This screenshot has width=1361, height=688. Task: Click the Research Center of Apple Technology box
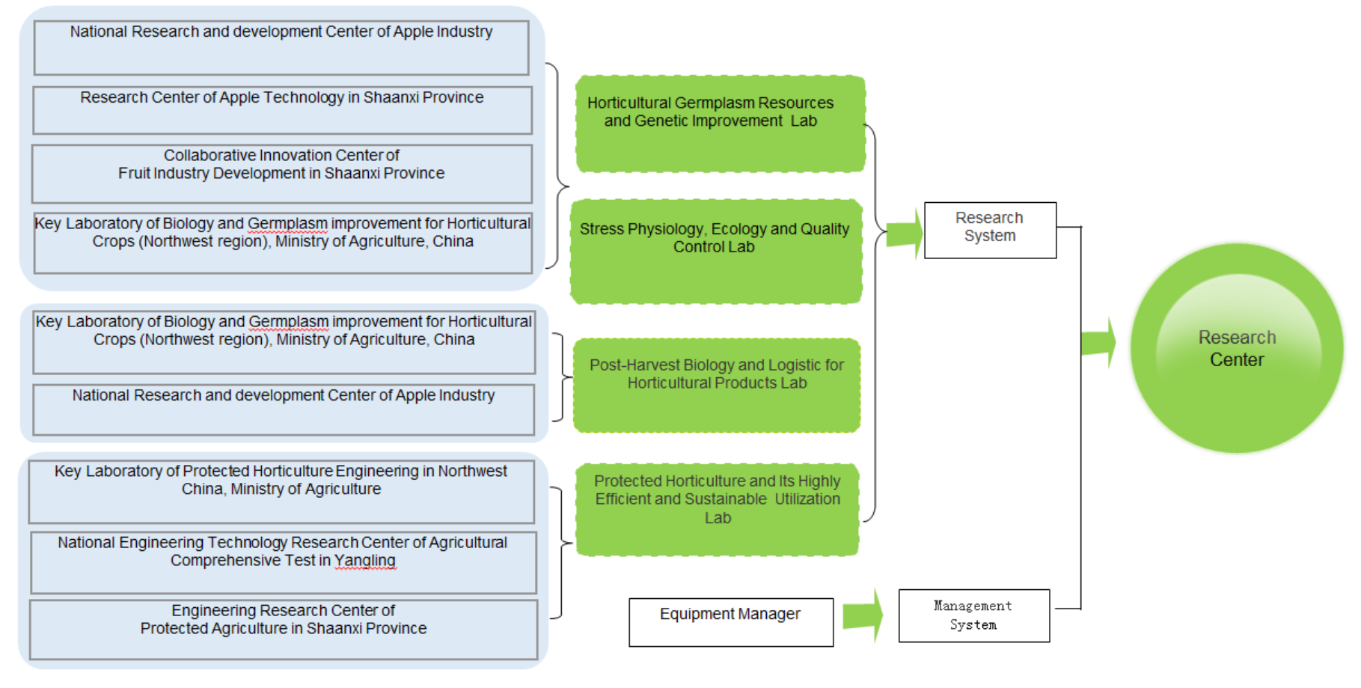(x=282, y=110)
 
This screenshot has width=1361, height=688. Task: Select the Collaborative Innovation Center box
(x=282, y=173)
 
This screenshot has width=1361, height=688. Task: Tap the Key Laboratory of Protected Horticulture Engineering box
(x=281, y=491)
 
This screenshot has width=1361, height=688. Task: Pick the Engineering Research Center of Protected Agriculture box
(x=284, y=629)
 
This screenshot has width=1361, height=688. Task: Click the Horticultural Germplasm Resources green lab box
(x=720, y=124)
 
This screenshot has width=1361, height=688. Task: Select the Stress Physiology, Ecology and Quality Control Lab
(x=715, y=252)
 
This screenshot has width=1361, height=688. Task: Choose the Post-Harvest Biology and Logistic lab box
(x=716, y=385)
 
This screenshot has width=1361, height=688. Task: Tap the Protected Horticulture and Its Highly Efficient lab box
(x=717, y=509)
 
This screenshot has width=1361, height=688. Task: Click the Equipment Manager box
(x=730, y=621)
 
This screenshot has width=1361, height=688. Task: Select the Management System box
(x=973, y=615)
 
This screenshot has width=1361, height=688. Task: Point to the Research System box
(x=990, y=230)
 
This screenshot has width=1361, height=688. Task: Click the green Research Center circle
(x=1237, y=348)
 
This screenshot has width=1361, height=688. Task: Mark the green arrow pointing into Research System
(x=905, y=233)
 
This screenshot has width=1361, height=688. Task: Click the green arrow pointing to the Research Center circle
(x=1099, y=343)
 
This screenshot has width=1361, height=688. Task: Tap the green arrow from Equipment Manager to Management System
(x=863, y=615)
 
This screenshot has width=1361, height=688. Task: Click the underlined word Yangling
(x=364, y=561)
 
